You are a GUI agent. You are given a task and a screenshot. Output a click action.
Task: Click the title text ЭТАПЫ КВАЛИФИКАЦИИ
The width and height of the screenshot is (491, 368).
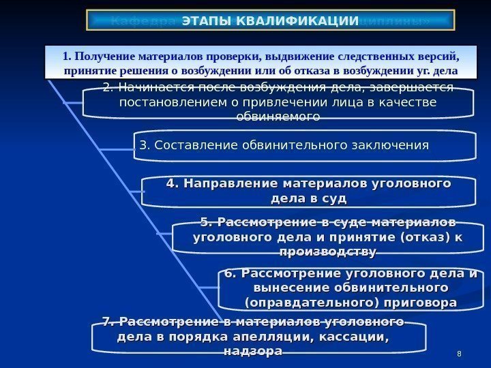point(270,20)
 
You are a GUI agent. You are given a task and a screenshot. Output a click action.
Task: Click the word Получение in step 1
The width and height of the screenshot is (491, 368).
point(105,55)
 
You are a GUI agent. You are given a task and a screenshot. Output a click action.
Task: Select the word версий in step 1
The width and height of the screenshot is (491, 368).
point(434,55)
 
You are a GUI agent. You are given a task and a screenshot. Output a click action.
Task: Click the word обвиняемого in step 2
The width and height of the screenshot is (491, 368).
point(278,117)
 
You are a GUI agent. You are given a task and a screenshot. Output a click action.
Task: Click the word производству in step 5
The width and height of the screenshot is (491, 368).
point(328,252)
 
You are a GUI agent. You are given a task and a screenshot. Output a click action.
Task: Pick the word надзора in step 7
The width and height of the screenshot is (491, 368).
point(253,351)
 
